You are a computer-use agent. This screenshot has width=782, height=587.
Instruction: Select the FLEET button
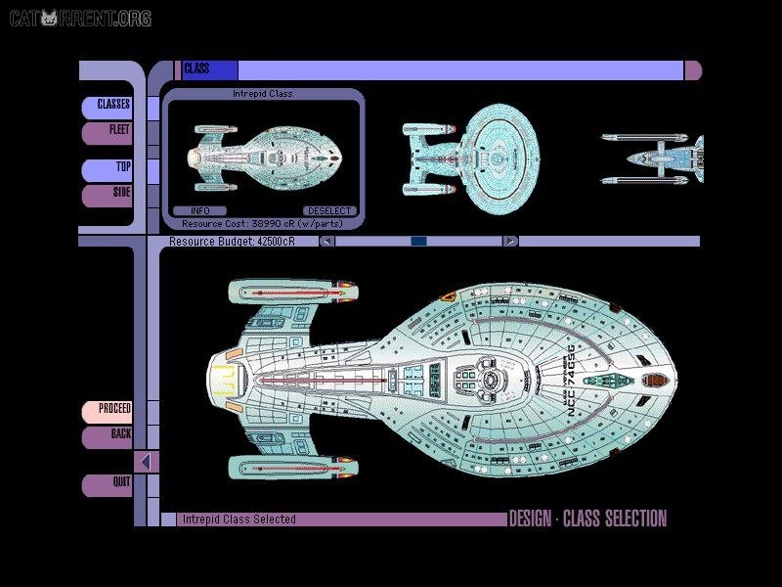click(x=107, y=133)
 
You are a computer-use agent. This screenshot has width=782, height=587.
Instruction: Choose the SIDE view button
click(x=107, y=196)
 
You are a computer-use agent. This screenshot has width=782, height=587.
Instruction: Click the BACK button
click(x=107, y=437)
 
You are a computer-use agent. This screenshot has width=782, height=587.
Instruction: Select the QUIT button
click(x=107, y=485)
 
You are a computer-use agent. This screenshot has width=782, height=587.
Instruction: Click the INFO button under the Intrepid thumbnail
click(x=199, y=211)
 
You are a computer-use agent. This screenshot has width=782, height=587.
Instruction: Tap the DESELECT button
click(x=329, y=211)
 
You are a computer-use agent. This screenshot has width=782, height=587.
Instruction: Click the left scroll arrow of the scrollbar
click(x=327, y=242)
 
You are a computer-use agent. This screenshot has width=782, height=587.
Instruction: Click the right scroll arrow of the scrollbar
click(x=510, y=242)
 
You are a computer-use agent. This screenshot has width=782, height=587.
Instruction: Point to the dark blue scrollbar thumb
click(x=418, y=242)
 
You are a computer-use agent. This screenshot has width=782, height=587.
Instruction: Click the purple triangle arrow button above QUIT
click(x=146, y=462)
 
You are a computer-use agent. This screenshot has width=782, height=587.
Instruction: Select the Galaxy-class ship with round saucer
click(x=471, y=158)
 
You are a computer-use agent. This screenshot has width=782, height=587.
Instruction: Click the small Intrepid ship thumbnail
click(x=264, y=158)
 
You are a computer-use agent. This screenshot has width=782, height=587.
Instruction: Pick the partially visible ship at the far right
click(x=652, y=158)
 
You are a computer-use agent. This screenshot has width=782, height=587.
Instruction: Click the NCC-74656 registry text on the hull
click(x=572, y=381)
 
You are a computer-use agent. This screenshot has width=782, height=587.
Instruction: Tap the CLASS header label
click(x=196, y=68)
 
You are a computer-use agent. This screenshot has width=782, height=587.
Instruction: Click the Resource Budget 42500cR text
click(x=232, y=242)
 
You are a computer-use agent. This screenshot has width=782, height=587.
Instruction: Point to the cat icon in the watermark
click(x=49, y=18)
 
